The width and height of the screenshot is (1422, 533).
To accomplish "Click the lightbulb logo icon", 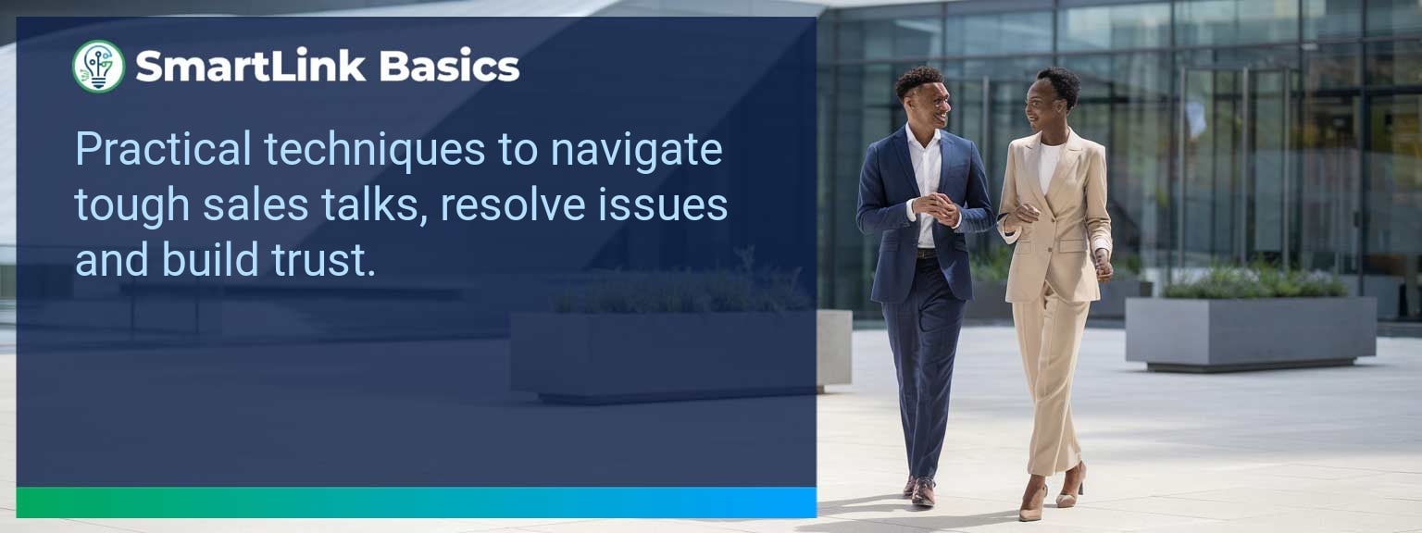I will click(98, 67).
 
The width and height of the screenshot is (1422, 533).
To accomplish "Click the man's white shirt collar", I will click(923, 139).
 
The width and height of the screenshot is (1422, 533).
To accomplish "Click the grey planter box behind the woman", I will click(1250, 331).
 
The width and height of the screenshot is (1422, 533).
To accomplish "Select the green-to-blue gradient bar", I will click(417, 502).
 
